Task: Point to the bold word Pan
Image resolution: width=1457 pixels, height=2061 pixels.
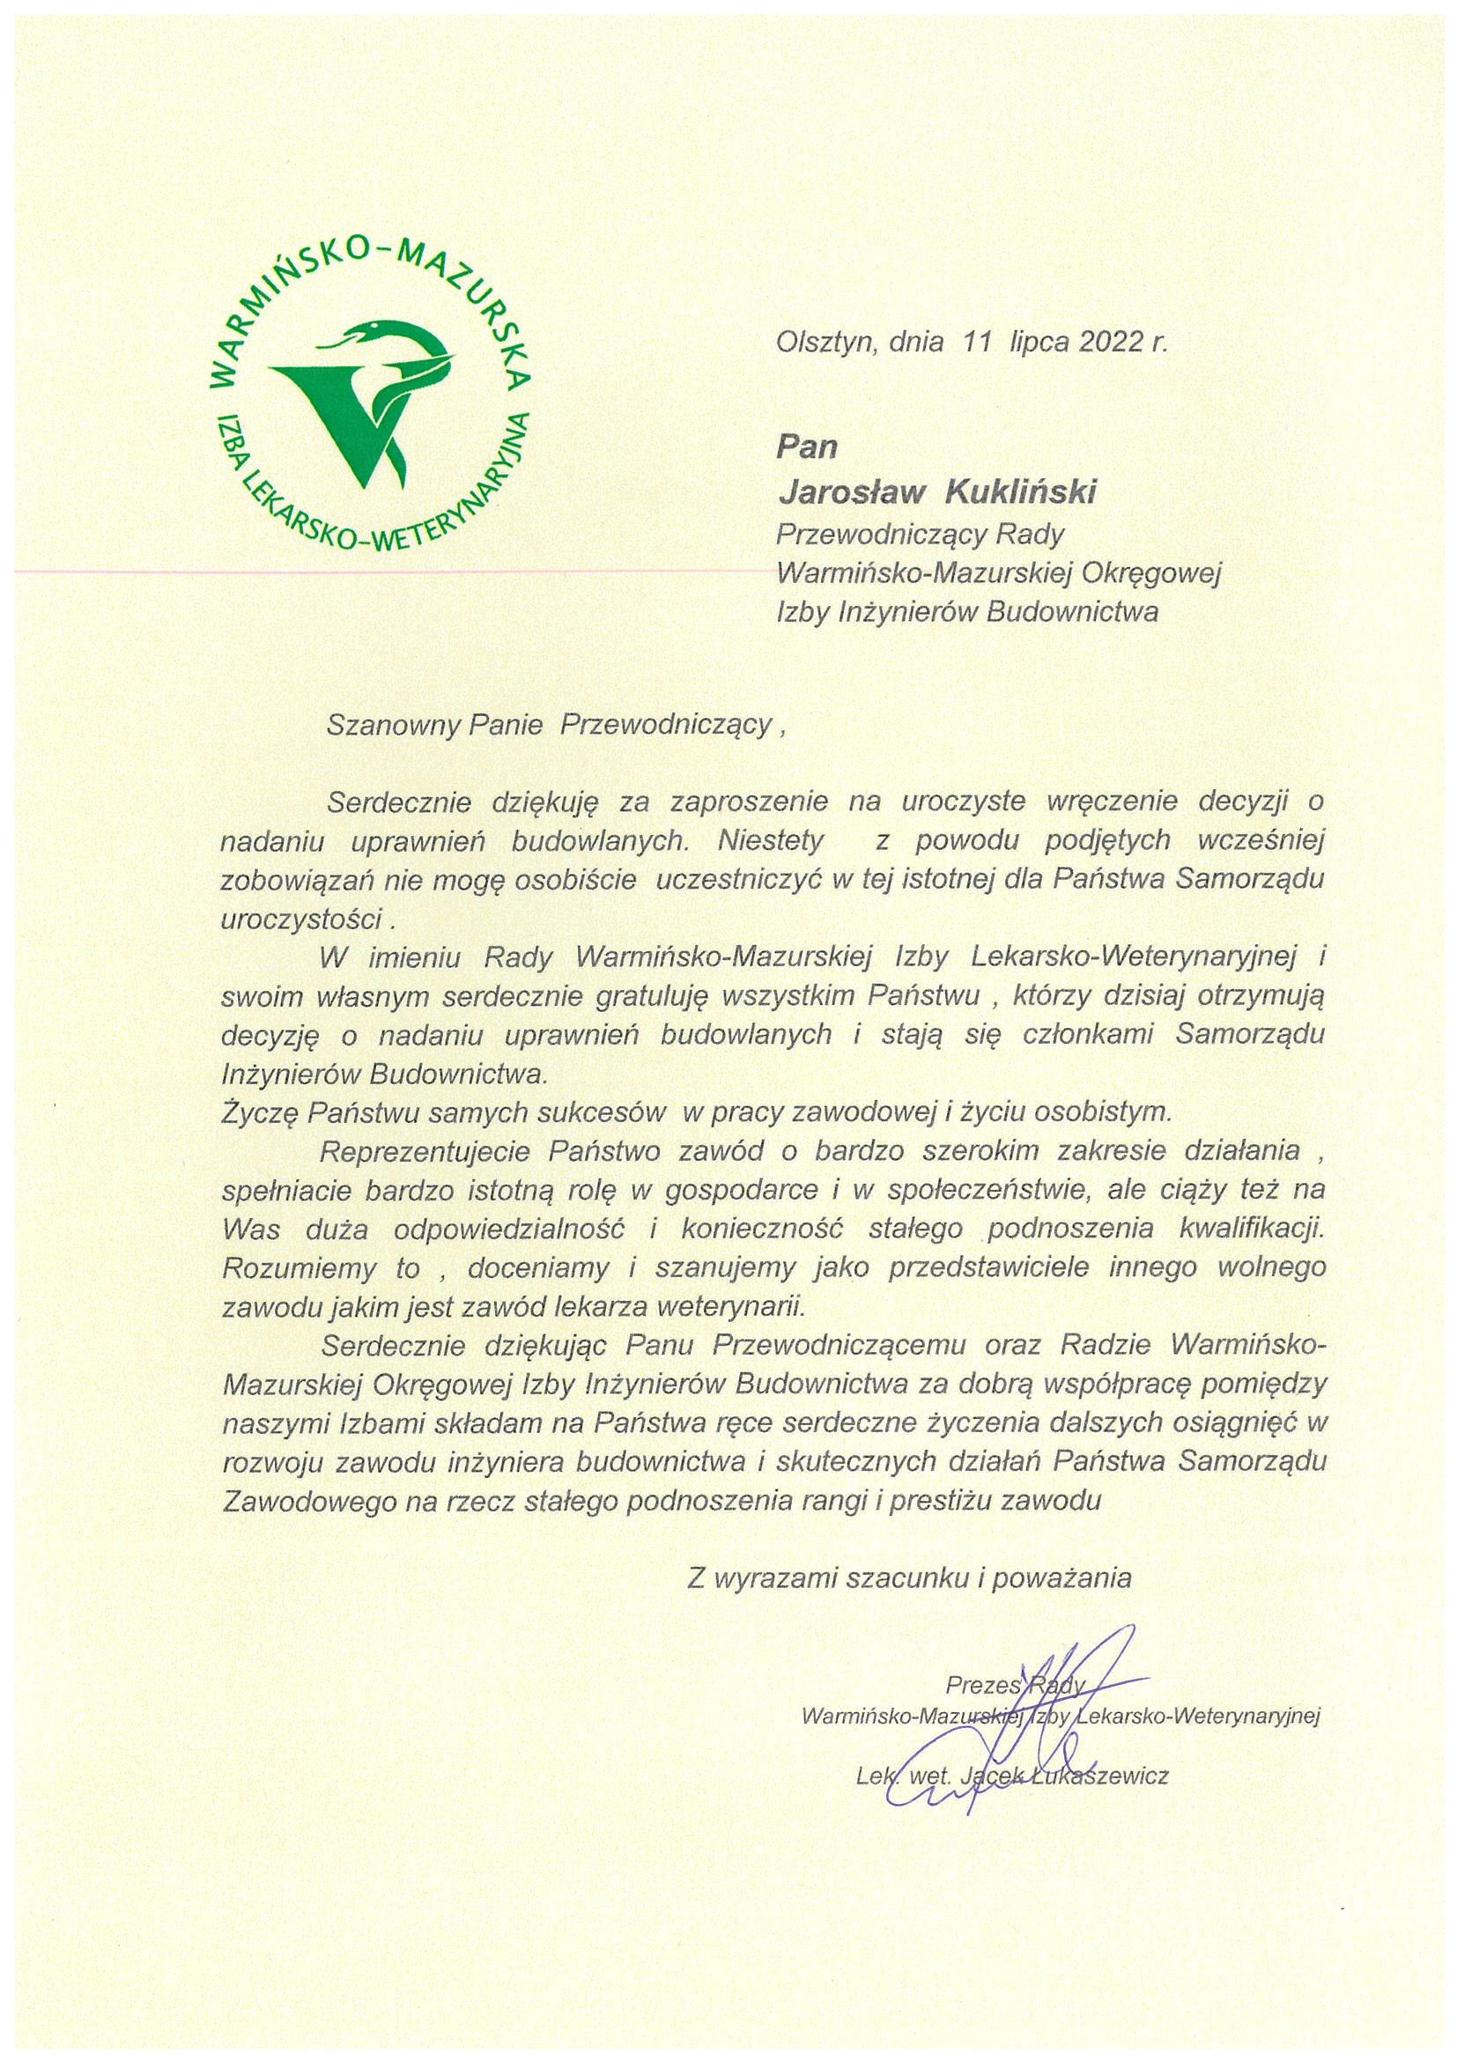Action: click(806, 447)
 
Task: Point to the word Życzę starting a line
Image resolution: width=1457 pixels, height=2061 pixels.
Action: click(260, 1112)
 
